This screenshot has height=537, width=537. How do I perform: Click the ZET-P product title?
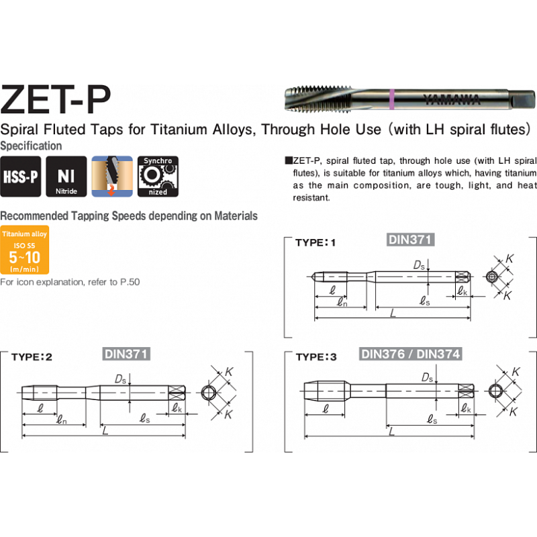pos(56,99)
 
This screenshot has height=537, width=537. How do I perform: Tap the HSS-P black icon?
pos(21,177)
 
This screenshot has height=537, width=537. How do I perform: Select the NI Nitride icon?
pos(66,177)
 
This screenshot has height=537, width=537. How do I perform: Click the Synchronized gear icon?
pos(158,177)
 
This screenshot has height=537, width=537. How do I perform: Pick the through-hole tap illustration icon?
pos(112,177)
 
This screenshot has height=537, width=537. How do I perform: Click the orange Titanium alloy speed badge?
pos(25,250)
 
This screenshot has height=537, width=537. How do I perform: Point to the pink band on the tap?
pos(392,99)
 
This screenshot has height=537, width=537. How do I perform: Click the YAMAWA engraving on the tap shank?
pos(452,99)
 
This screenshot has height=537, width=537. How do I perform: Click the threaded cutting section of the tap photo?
pos(318,99)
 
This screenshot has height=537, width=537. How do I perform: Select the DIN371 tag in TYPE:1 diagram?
pos(410,240)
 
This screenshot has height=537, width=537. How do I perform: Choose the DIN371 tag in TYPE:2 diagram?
pos(126,354)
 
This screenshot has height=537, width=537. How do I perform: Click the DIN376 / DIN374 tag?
pos(411,354)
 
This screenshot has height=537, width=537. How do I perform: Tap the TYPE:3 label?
pos(316,357)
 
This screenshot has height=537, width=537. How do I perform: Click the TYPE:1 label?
pos(315,243)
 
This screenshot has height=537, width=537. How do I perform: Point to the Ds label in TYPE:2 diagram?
pos(121,379)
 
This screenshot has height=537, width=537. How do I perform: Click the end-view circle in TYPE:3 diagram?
pos(494,391)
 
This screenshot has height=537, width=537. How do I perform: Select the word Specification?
pos(31,146)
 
